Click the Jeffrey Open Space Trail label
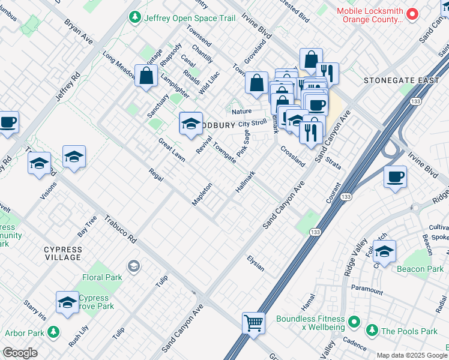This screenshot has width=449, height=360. (x=190, y=18)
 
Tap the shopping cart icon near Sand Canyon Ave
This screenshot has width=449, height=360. (x=254, y=323)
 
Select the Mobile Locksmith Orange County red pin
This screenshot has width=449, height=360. (x=412, y=13)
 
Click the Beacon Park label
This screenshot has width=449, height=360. (x=420, y=269)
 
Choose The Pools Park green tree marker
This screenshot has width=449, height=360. (x=372, y=331)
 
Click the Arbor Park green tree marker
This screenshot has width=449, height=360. (x=53, y=332)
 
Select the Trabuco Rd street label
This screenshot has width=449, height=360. (x=121, y=229)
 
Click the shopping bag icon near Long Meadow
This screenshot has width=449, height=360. (x=146, y=76)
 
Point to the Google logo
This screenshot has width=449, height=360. (x=20, y=353)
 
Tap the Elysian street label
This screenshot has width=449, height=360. (x=256, y=263)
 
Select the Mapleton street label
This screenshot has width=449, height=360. (x=202, y=194)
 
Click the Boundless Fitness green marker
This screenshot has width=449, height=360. (x=354, y=320)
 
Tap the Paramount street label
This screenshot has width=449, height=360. (x=367, y=290)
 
